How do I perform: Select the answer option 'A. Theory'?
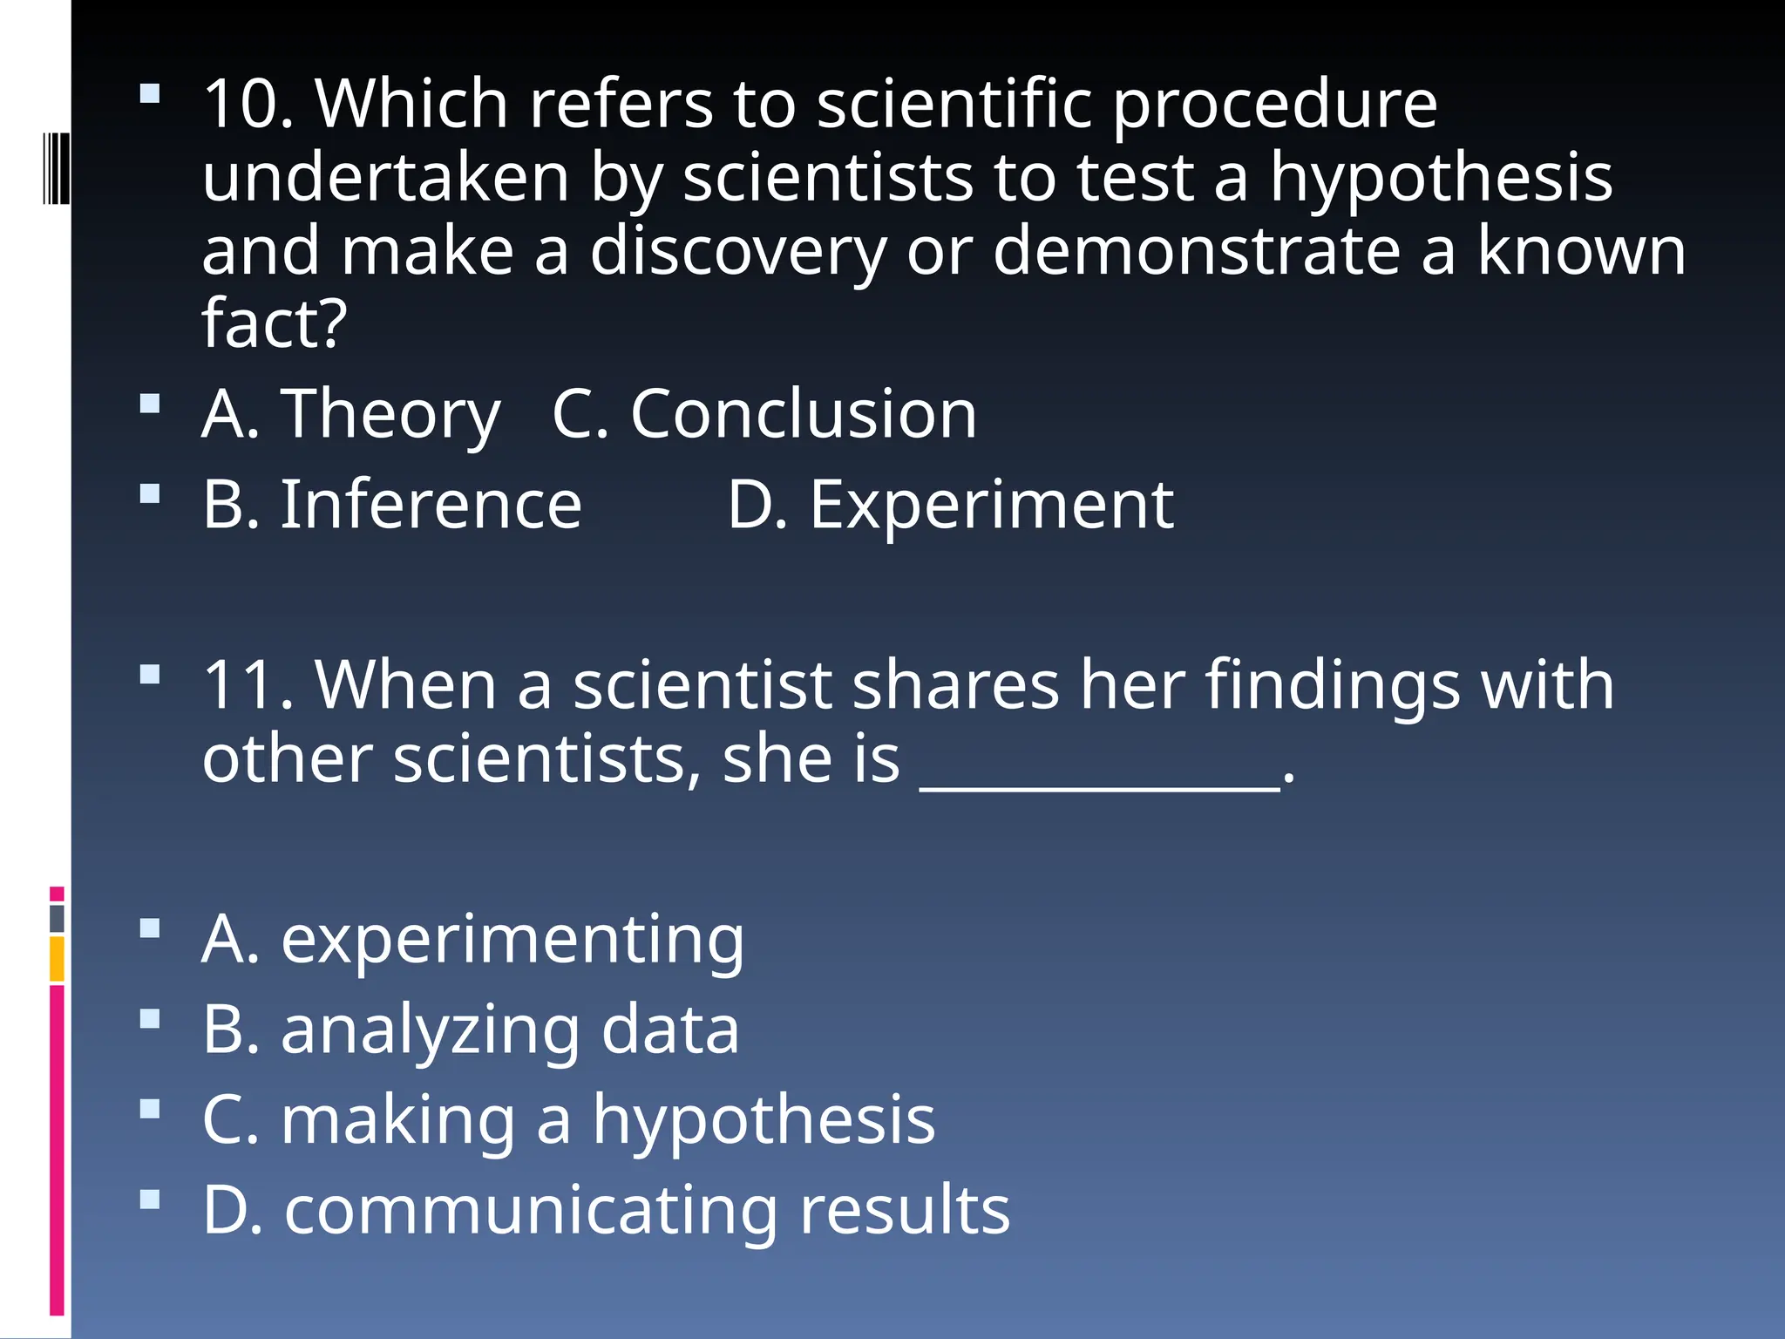pyautogui.click(x=351, y=414)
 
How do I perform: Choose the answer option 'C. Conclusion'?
pyautogui.click(x=764, y=414)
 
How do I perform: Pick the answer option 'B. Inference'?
pyautogui.click(x=392, y=505)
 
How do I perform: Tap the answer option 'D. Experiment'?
pyautogui.click(x=950, y=505)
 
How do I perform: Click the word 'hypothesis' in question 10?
pyautogui.click(x=1440, y=179)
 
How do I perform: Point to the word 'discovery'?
pyautogui.click(x=737, y=252)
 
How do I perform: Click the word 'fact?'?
pyautogui.click(x=275, y=324)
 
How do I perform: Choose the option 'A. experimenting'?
pyautogui.click(x=473, y=940)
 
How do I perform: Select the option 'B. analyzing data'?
pyautogui.click(x=471, y=1030)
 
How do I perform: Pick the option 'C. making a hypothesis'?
pyautogui.click(x=568, y=1121)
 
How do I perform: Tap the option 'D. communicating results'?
pyautogui.click(x=606, y=1211)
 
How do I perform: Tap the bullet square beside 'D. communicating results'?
pyautogui.click(x=150, y=1200)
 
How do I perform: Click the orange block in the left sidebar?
pyautogui.click(x=57, y=958)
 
